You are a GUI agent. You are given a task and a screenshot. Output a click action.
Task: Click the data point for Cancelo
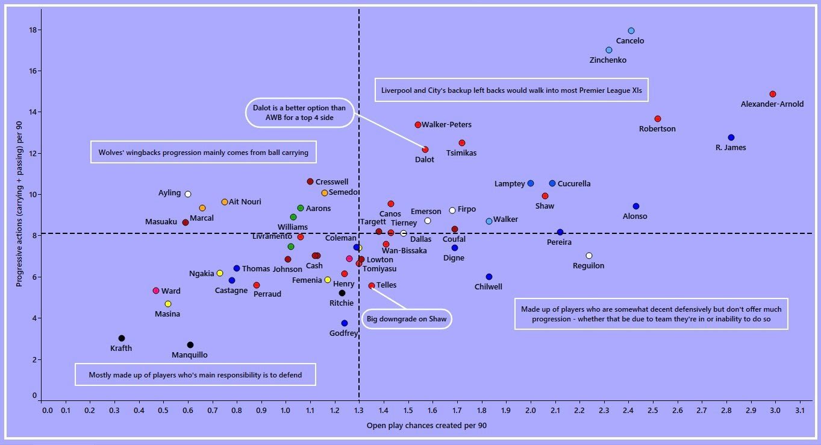pos(631,31)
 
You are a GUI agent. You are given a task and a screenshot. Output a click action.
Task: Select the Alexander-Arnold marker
pos(773,94)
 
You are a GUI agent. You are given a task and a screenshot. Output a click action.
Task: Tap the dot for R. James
pos(731,137)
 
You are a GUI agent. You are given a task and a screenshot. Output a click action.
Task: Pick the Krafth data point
pos(122,338)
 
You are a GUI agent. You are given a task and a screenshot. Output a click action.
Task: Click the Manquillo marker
pos(190,345)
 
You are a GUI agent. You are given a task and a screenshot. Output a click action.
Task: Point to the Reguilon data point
pos(589,256)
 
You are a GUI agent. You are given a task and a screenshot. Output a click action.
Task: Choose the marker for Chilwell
pos(489,277)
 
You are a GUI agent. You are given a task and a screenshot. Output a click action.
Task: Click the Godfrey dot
pos(345,323)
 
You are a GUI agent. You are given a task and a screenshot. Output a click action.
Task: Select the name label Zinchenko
pos(608,60)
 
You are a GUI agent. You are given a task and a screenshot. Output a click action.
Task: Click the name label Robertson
pos(657,129)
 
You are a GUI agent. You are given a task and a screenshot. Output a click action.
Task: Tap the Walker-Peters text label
pos(446,125)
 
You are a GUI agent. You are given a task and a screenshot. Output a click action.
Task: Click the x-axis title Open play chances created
pos(426,426)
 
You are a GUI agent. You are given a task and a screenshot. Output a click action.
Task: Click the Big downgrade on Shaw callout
pos(407,318)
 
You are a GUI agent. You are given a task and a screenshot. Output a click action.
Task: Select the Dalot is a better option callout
pos(299,113)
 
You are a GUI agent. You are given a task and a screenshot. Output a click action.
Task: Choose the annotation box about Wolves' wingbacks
pos(204,153)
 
